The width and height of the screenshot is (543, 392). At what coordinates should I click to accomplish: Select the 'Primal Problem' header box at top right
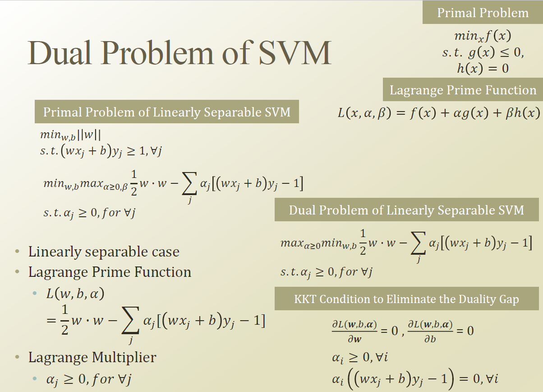[x=483, y=13]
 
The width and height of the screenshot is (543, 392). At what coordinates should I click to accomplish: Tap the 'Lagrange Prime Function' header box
[x=463, y=90]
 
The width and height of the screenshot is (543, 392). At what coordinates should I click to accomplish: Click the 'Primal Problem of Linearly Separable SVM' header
[x=167, y=112]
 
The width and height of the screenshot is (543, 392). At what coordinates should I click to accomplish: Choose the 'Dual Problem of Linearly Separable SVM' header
[x=406, y=210]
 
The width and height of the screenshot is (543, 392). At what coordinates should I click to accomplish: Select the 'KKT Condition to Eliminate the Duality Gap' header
[x=406, y=299]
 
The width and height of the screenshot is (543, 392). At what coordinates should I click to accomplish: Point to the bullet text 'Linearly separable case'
[x=104, y=252]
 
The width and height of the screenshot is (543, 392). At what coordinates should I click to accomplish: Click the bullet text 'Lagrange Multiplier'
[x=92, y=357]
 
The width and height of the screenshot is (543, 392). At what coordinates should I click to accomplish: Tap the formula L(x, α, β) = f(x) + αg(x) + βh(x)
[x=438, y=112]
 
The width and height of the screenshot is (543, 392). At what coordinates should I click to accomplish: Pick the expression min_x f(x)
[x=483, y=36]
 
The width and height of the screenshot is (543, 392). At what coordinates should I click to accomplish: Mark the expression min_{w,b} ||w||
[x=70, y=135]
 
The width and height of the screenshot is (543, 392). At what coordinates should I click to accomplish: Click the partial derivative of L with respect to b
[x=430, y=331]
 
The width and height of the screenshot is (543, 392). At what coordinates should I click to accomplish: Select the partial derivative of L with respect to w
[x=354, y=331]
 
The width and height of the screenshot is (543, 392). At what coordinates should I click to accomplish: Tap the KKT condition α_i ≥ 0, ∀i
[x=359, y=358]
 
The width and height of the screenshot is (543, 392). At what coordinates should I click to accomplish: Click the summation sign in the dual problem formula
[x=419, y=244]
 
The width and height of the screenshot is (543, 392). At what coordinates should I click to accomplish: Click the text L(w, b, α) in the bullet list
[x=75, y=294]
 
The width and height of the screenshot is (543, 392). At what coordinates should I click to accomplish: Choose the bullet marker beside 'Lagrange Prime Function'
[x=17, y=272]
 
